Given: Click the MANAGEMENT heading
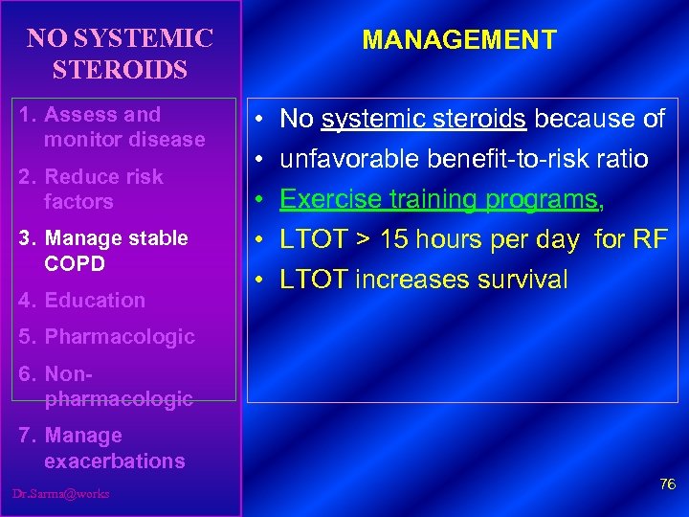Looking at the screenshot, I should coord(459,40).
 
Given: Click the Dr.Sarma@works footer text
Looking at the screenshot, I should coord(61,493).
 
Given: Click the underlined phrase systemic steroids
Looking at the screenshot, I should coord(424,119).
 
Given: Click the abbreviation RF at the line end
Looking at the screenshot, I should coord(650,239).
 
